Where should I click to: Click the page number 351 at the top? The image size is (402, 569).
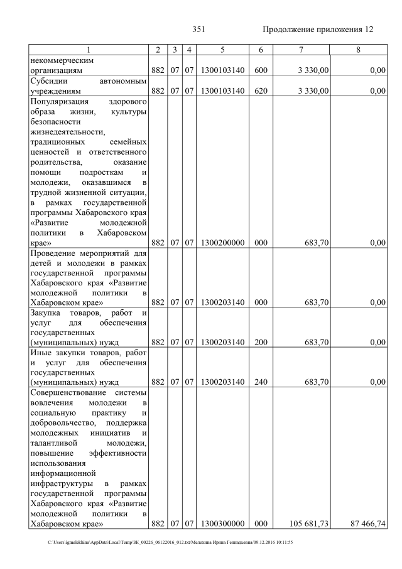[198, 30]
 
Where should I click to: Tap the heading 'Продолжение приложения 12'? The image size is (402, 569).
[318, 30]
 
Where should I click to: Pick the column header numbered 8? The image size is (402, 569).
[357, 50]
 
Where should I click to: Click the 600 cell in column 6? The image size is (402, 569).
[258, 71]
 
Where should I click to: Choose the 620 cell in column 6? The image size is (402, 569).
[258, 91]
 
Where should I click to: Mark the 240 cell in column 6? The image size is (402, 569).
[258, 382]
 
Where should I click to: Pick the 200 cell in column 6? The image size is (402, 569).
[258, 342]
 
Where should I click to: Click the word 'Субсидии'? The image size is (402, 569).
[48, 81]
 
